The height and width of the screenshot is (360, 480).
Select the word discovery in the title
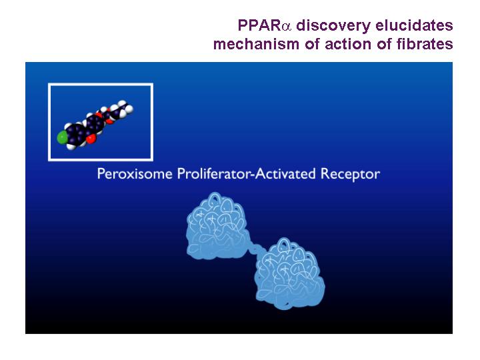pos(333,26)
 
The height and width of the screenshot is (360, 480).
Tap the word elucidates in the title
pos(414,25)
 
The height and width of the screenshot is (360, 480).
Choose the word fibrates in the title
pos(425,44)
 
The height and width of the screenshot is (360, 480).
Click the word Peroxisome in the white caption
pos(135,174)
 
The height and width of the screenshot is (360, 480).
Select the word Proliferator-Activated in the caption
pos(247,174)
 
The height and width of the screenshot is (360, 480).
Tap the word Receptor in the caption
pos(350,174)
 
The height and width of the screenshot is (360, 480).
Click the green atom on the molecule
pos(62,137)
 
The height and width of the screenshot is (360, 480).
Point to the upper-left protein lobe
pos(217,226)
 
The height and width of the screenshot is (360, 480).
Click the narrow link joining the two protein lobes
pos(255,248)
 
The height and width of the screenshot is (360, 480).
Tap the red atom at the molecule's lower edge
pos(91,139)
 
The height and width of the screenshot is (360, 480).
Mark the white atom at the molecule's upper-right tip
pos(129,109)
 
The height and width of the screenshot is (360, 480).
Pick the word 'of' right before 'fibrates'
pos(384,44)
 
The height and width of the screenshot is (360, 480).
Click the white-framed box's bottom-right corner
pos(152,160)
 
